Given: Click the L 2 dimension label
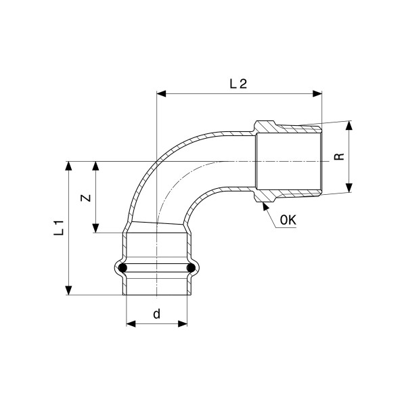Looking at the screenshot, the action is coord(238,84).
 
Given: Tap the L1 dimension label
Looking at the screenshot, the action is coord(59,227).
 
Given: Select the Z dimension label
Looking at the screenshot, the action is coord(86,198).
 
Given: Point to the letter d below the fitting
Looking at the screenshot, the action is coord(157,313).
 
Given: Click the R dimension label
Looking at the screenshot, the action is coord(339,156).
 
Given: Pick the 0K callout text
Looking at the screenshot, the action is coord(288,221).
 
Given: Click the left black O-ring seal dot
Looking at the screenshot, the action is coord(122,268).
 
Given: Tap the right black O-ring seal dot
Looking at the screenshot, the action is coord(191,268).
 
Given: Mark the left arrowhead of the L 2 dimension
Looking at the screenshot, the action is coord(161,94).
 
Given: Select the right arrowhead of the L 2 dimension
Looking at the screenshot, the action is coord(317,94).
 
